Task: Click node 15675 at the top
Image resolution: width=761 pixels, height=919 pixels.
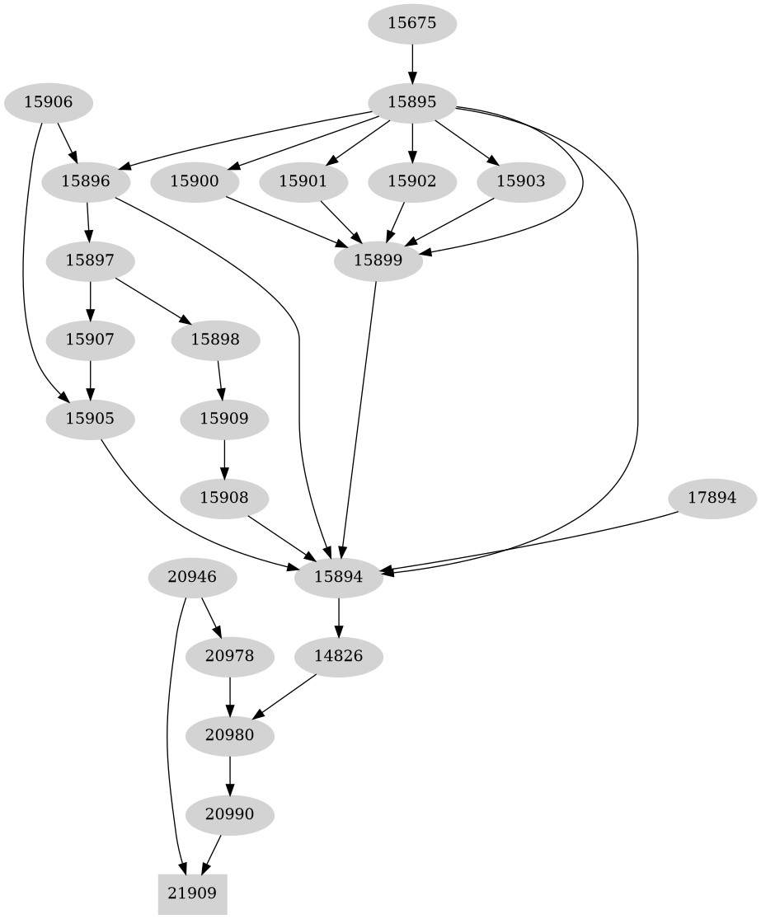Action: click(411, 23)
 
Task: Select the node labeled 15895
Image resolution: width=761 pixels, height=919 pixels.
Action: click(411, 102)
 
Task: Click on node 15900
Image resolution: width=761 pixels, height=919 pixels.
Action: click(194, 181)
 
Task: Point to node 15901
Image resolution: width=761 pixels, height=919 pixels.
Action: click(303, 181)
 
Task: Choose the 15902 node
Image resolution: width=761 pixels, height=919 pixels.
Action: click(411, 181)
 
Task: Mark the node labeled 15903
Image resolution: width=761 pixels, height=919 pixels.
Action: click(520, 181)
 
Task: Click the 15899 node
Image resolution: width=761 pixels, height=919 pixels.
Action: click(377, 260)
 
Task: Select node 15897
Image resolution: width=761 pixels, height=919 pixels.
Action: click(89, 260)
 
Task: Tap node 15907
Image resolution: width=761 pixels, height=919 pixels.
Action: click(89, 339)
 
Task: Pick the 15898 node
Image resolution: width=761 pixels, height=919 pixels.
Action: click(216, 339)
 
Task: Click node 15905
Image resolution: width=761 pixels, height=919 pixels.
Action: click(89, 418)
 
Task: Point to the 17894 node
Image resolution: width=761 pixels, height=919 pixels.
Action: click(712, 498)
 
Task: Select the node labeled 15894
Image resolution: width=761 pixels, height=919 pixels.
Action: click(339, 577)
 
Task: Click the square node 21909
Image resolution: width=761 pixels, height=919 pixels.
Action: click(192, 893)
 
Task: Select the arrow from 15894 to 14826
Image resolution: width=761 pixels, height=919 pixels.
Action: click(339, 617)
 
